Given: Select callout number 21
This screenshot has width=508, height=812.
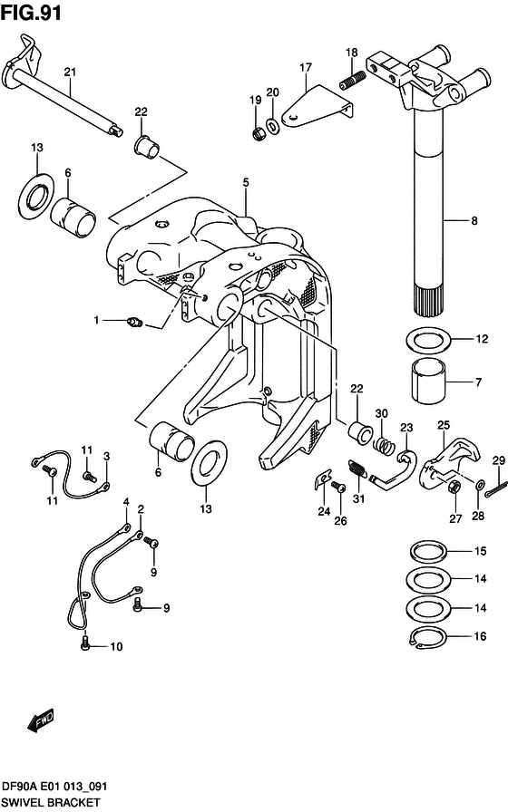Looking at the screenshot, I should click(x=70, y=72).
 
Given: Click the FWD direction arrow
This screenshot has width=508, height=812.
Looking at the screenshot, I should click(x=41, y=721).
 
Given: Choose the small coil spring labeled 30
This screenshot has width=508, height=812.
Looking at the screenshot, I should click(x=385, y=446).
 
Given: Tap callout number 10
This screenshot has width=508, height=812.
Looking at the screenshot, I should click(x=115, y=646).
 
